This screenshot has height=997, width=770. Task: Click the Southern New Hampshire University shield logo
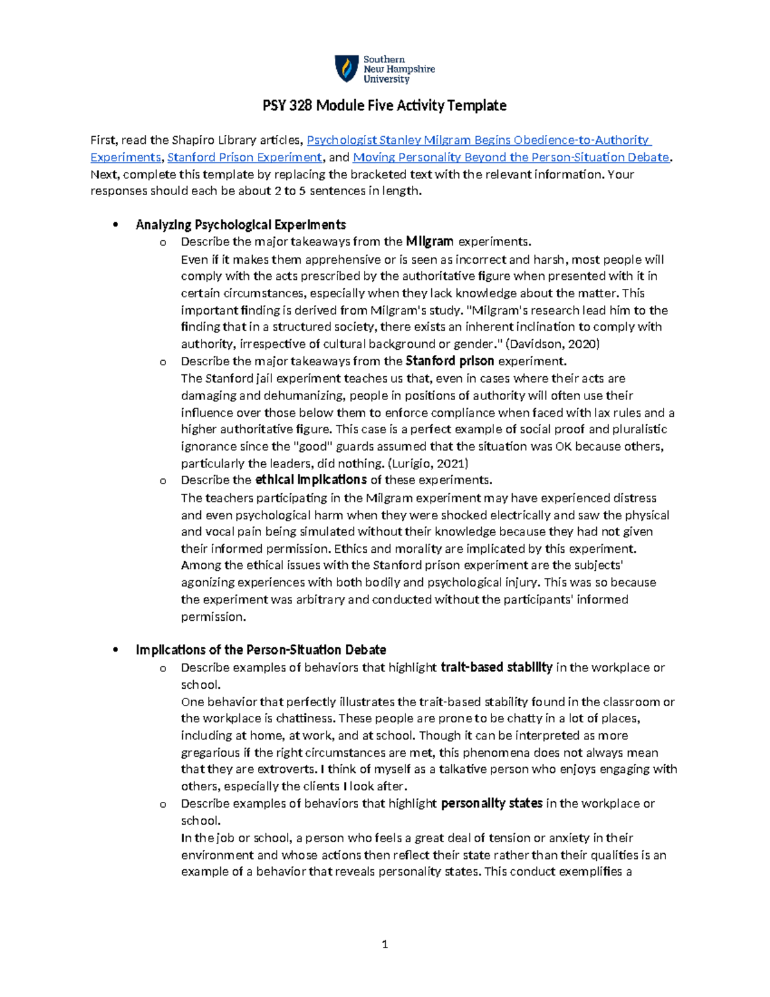click(x=346, y=69)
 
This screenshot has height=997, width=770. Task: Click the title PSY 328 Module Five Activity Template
click(x=384, y=105)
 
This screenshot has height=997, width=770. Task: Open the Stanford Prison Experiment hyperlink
click(x=244, y=157)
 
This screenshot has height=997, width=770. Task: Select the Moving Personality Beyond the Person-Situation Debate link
click(x=511, y=157)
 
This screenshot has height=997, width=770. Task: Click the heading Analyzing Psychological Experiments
click(x=241, y=225)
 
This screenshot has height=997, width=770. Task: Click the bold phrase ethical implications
click(x=311, y=480)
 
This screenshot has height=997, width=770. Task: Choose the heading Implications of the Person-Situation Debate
click(x=261, y=650)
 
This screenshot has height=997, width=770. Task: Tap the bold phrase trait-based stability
click(x=496, y=668)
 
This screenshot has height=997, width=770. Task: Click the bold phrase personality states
click(x=492, y=804)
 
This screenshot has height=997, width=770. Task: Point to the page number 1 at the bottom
click(x=384, y=944)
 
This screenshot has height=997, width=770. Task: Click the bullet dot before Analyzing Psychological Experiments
click(x=116, y=225)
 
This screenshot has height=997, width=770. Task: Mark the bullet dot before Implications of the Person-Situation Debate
click(x=116, y=650)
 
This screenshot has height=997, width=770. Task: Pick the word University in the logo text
click(x=386, y=80)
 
